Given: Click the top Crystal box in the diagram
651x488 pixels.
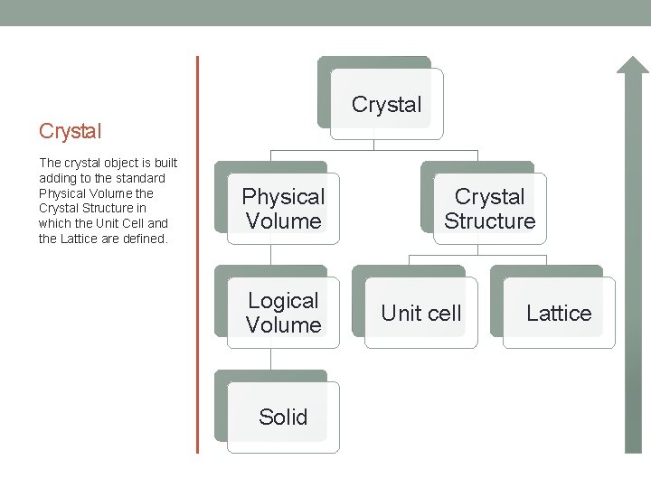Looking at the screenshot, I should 386,104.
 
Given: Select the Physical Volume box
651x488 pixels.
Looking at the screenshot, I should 283,209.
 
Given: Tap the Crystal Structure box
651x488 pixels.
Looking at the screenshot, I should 489,209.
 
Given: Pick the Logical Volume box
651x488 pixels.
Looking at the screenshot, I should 283,313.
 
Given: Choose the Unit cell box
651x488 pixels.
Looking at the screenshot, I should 420,313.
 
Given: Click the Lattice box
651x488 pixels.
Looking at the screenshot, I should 559,313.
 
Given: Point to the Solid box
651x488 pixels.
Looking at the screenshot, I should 283,417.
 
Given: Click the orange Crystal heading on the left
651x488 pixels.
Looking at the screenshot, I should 71,131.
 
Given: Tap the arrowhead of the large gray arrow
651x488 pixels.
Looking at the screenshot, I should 633,69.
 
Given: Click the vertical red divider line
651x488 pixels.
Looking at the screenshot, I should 197,253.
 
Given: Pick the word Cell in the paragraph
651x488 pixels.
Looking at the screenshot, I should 128,224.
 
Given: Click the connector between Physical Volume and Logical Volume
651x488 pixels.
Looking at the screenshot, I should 270,255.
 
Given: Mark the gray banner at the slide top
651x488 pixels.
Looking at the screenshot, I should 325,12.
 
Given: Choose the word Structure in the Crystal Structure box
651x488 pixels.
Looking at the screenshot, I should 489,221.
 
